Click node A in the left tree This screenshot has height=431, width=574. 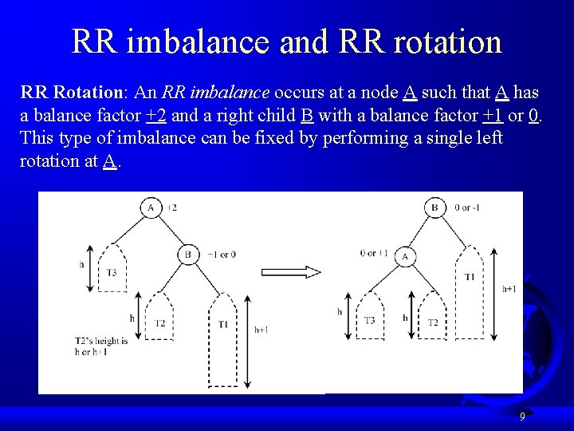point(151,208)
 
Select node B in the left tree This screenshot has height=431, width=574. point(187,255)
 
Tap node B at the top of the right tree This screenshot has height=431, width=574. point(434,208)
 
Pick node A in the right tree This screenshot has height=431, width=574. point(405,256)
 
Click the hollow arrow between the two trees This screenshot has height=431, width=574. point(292,271)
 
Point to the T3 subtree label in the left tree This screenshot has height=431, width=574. point(112,272)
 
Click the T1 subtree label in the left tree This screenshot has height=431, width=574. point(222,323)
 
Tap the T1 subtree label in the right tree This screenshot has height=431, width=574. point(469,276)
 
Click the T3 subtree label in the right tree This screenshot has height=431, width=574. point(369,320)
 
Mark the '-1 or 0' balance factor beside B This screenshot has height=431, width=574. point(222,255)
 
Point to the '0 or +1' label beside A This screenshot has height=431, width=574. point(373,253)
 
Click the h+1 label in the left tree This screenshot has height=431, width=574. point(261,329)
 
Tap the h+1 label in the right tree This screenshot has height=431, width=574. point(509,289)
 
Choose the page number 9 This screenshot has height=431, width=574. point(522,417)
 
